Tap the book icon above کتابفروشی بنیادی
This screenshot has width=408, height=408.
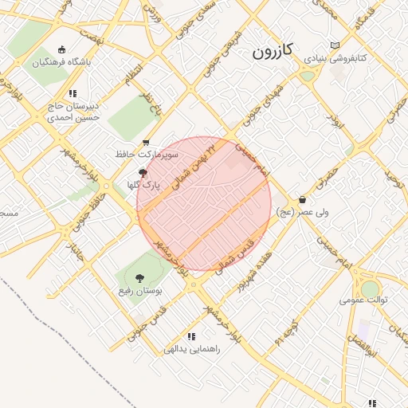[334, 45]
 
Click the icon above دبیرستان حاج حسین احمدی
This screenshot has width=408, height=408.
[73, 93]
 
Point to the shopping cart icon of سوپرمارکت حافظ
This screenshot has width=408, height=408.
[146, 143]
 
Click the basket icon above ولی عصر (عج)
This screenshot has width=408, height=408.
[302, 199]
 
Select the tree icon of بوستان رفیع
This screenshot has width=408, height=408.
[139, 278]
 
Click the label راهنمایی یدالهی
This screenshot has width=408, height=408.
[190, 348]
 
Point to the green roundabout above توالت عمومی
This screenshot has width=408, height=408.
[370, 288]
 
